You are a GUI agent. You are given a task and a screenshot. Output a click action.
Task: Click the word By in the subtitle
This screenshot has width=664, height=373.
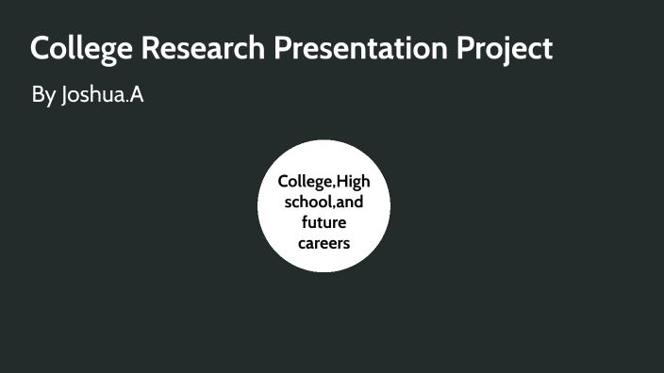42,96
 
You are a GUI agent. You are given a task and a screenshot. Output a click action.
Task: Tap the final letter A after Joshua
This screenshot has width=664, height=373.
136,95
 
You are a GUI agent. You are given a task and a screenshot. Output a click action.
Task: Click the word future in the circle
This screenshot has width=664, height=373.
324,222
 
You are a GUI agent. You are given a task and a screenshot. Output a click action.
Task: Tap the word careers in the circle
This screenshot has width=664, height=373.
324,243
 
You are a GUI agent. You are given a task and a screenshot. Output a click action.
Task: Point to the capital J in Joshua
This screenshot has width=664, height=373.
64,96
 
